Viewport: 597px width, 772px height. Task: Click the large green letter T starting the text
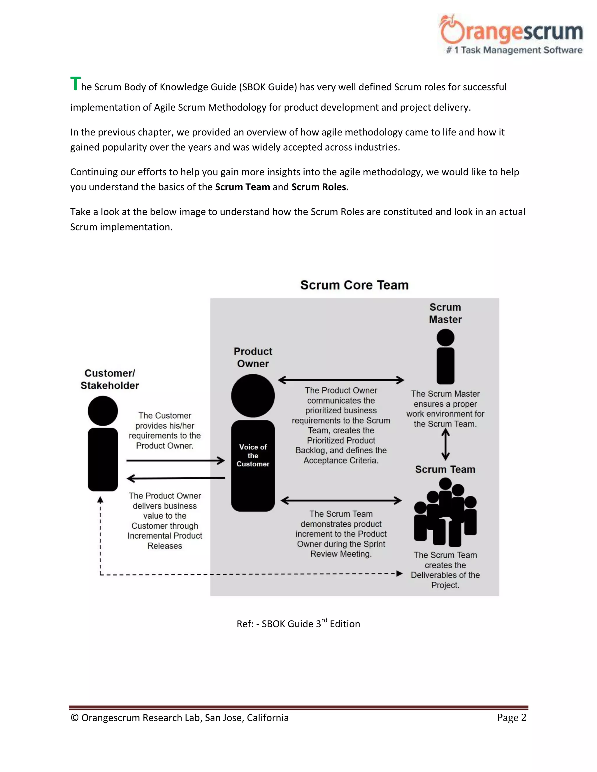click(75, 84)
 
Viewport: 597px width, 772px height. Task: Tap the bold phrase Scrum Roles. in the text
click(320, 187)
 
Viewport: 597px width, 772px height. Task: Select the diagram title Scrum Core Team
click(354, 285)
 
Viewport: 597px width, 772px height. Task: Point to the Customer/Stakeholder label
click(110, 379)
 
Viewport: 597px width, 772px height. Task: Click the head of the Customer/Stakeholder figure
click(103, 411)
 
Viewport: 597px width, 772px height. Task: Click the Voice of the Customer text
click(253, 455)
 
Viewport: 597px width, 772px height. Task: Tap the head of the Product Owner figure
click(253, 396)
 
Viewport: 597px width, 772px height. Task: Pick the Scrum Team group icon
click(445, 512)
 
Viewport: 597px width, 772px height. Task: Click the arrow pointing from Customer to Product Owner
click(175, 461)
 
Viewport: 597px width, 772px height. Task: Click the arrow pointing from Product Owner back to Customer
click(175, 478)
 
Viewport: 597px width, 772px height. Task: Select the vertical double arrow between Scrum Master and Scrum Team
click(446, 444)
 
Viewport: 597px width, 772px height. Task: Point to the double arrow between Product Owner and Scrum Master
click(341, 380)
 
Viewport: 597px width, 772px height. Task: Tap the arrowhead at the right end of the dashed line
click(399, 573)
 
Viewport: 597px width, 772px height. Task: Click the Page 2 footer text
click(511, 718)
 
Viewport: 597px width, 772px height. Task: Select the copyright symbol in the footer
click(75, 718)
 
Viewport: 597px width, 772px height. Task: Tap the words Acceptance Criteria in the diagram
click(341, 460)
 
